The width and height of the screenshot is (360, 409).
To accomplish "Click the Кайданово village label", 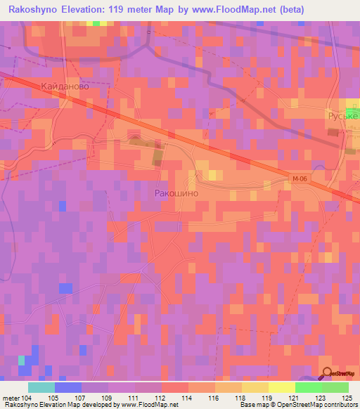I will [x=65, y=85].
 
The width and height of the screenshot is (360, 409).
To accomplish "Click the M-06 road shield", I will [x=300, y=179].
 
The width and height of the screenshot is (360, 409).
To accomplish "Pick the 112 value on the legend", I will [x=161, y=398].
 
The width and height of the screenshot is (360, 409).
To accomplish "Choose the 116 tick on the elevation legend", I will [x=214, y=398].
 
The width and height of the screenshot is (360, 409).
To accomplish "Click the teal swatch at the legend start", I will [x=41, y=387].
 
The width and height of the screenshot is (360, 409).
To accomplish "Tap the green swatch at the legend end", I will [x=335, y=387].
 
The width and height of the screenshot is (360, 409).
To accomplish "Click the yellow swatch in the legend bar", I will [x=281, y=387].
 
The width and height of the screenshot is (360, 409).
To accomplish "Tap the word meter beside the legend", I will [x=10, y=398].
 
